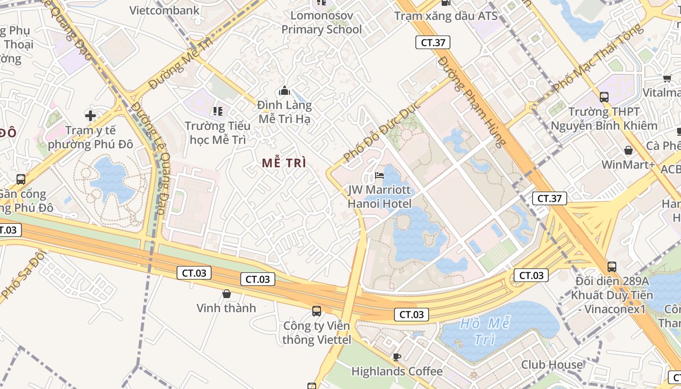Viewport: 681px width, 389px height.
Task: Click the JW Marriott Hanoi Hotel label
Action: [379, 196]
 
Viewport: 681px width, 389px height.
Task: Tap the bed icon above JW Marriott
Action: [379, 175]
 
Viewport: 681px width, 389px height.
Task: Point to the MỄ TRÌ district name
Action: [284, 163]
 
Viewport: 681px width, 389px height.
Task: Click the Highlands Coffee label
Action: [397, 371]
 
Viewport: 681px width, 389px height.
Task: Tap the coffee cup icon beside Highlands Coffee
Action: [397, 357]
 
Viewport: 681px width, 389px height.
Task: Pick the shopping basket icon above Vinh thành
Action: [226, 294]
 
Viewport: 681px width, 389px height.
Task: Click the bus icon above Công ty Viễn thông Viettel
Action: [317, 311]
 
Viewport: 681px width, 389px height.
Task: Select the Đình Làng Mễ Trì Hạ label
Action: [285, 112]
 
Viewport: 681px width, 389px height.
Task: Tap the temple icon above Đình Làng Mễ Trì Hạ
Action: [285, 90]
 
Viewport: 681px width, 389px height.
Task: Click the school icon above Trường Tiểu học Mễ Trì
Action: [217, 111]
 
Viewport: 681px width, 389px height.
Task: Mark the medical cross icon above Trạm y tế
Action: [90, 116]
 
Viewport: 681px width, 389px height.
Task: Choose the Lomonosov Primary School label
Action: [322, 22]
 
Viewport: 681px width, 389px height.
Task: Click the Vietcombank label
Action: [164, 10]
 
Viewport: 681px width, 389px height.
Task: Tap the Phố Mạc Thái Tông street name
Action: [598, 58]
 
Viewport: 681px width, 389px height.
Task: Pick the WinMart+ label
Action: [628, 165]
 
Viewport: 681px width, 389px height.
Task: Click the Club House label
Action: [552, 365]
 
